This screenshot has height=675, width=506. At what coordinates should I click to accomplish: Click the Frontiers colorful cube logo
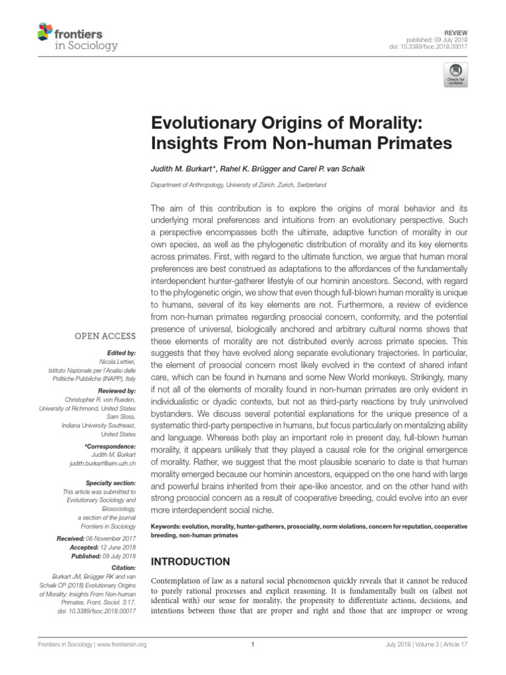[x=45, y=31]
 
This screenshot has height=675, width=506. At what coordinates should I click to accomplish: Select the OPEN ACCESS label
[x=105, y=336]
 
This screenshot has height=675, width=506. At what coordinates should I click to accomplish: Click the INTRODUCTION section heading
[x=190, y=562]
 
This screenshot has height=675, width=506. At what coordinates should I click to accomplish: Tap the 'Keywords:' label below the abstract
[x=167, y=527]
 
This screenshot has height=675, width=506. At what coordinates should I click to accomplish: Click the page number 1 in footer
[x=253, y=662]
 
